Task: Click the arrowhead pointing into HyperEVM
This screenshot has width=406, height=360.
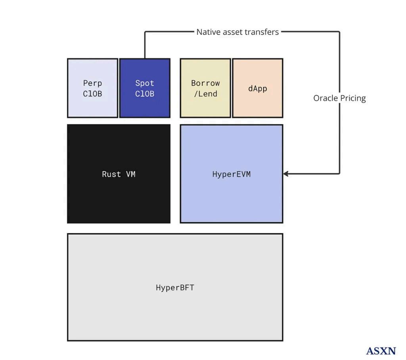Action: pyautogui.click(x=286, y=174)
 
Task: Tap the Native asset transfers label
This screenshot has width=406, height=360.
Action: pyautogui.click(x=237, y=32)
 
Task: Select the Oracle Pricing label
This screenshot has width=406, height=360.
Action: pyautogui.click(x=339, y=98)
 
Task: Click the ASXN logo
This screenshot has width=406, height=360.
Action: pyautogui.click(x=381, y=351)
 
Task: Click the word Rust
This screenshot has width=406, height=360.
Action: pyautogui.click(x=111, y=174)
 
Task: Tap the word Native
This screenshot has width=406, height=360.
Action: pyautogui.click(x=208, y=32)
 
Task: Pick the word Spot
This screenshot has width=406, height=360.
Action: pyautogui.click(x=145, y=83)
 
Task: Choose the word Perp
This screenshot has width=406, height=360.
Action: pyautogui.click(x=92, y=83)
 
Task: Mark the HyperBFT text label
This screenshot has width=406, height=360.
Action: pyautogui.click(x=175, y=288)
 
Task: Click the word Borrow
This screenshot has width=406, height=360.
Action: pyautogui.click(x=205, y=83)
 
